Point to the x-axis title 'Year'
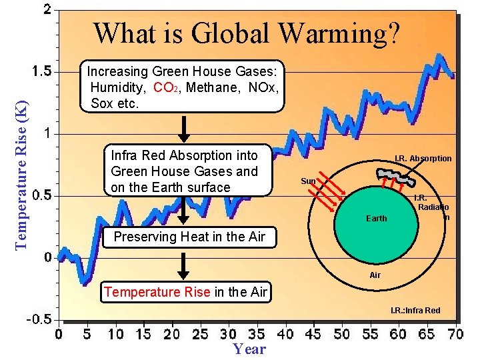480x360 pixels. pos(249,349)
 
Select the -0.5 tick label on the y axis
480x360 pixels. pos(37,319)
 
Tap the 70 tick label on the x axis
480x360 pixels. pos(455,333)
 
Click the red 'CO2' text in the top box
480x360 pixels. pos(164,87)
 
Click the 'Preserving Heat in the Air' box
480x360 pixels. pos(189,237)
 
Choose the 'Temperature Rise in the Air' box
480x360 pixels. pos(186,292)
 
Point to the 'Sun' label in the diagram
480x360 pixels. pos(308,181)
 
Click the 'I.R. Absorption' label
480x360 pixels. pos(423,159)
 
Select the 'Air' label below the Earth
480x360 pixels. pos(375,275)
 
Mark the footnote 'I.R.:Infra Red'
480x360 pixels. pos(415,311)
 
